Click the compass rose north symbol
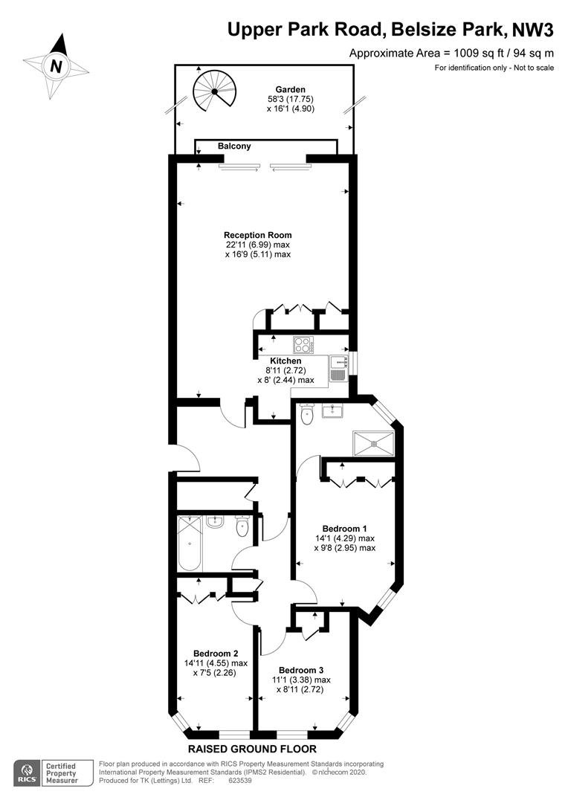pos(57,66)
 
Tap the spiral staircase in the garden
pos(215,91)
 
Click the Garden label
pos(291,90)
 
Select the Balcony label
pos(234,146)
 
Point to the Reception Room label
pos(258,235)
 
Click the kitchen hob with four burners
pos(304,344)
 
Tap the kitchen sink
pos(338,369)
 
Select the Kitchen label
pos(285,361)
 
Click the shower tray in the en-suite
pos(374,442)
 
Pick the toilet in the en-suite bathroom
pos(307,414)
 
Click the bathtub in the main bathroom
pos(189,544)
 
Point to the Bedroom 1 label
pos(344,529)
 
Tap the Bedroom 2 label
pos(216,654)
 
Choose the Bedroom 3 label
pos(301,671)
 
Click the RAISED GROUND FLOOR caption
pos(253,749)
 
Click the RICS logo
pos(28,773)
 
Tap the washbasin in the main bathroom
pos(215,522)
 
